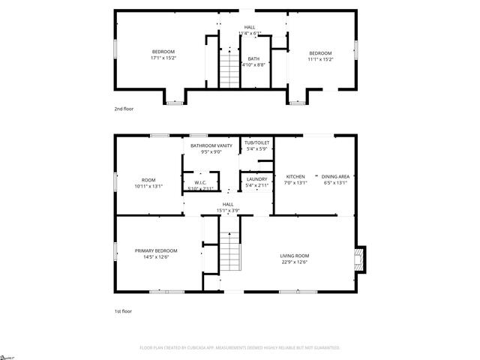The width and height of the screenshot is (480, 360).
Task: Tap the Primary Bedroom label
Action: pyautogui.click(x=156, y=250)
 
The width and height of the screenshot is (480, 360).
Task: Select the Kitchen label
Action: pyautogui.click(x=295, y=176)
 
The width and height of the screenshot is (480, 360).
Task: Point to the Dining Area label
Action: pyautogui.click(x=335, y=176)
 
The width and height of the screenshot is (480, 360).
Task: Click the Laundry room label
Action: pyautogui.click(x=257, y=179)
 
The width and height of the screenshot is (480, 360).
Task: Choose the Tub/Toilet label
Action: pyautogui.click(x=257, y=142)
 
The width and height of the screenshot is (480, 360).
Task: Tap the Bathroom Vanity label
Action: pyautogui.click(x=205, y=145)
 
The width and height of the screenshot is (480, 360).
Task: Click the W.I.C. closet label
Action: pyautogui.click(x=200, y=183)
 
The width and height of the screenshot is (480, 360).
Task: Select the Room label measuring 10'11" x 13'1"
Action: pyautogui.click(x=148, y=180)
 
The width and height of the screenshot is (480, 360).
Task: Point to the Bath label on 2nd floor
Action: pyautogui.click(x=253, y=58)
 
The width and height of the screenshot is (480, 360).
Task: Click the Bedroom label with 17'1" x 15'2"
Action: pyautogui.click(x=163, y=52)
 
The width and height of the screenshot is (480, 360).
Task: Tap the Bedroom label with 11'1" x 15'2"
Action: pyautogui.click(x=321, y=52)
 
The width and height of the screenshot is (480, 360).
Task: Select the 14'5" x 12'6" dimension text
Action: pyautogui.click(x=156, y=257)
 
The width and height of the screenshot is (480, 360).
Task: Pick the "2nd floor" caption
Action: pyautogui.click(x=124, y=109)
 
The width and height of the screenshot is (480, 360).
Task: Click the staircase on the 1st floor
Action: pyautogui.click(x=230, y=252)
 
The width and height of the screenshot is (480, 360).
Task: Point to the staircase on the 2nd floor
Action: pyautogui.click(x=228, y=66)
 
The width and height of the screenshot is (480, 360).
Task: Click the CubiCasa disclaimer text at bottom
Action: pyautogui.click(x=240, y=348)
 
